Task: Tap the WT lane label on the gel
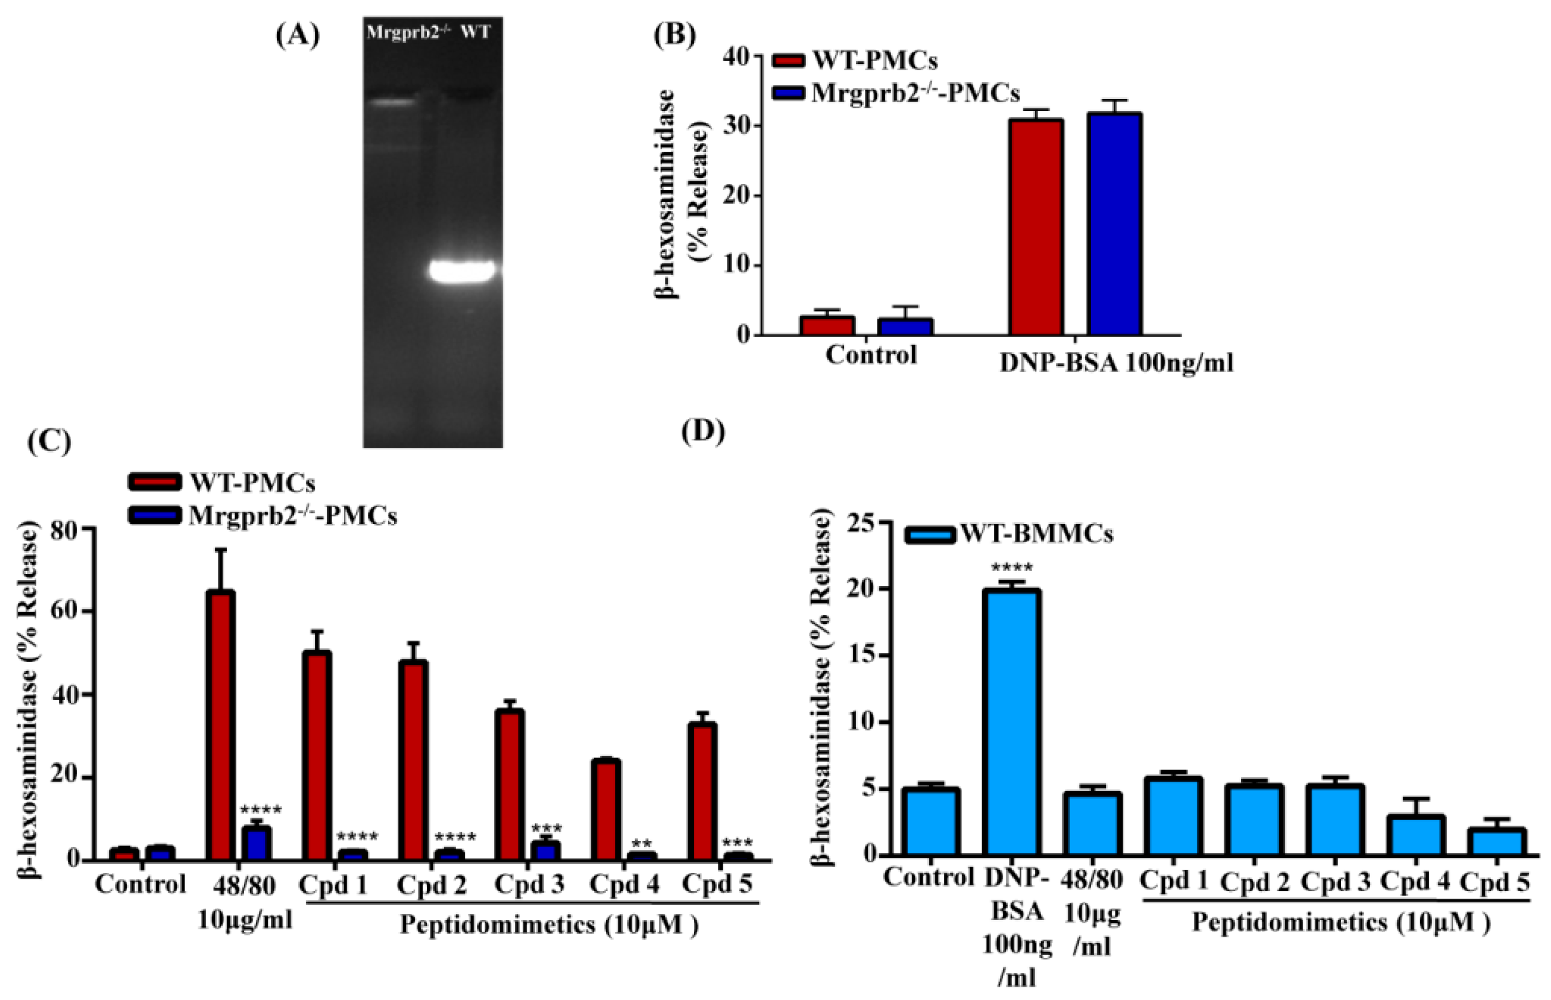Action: tap(476, 32)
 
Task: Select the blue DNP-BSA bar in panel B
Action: tap(1114, 224)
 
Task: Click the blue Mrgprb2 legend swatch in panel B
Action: tap(788, 93)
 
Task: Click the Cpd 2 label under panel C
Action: tap(432, 885)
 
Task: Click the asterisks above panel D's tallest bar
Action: tap(1012, 569)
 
